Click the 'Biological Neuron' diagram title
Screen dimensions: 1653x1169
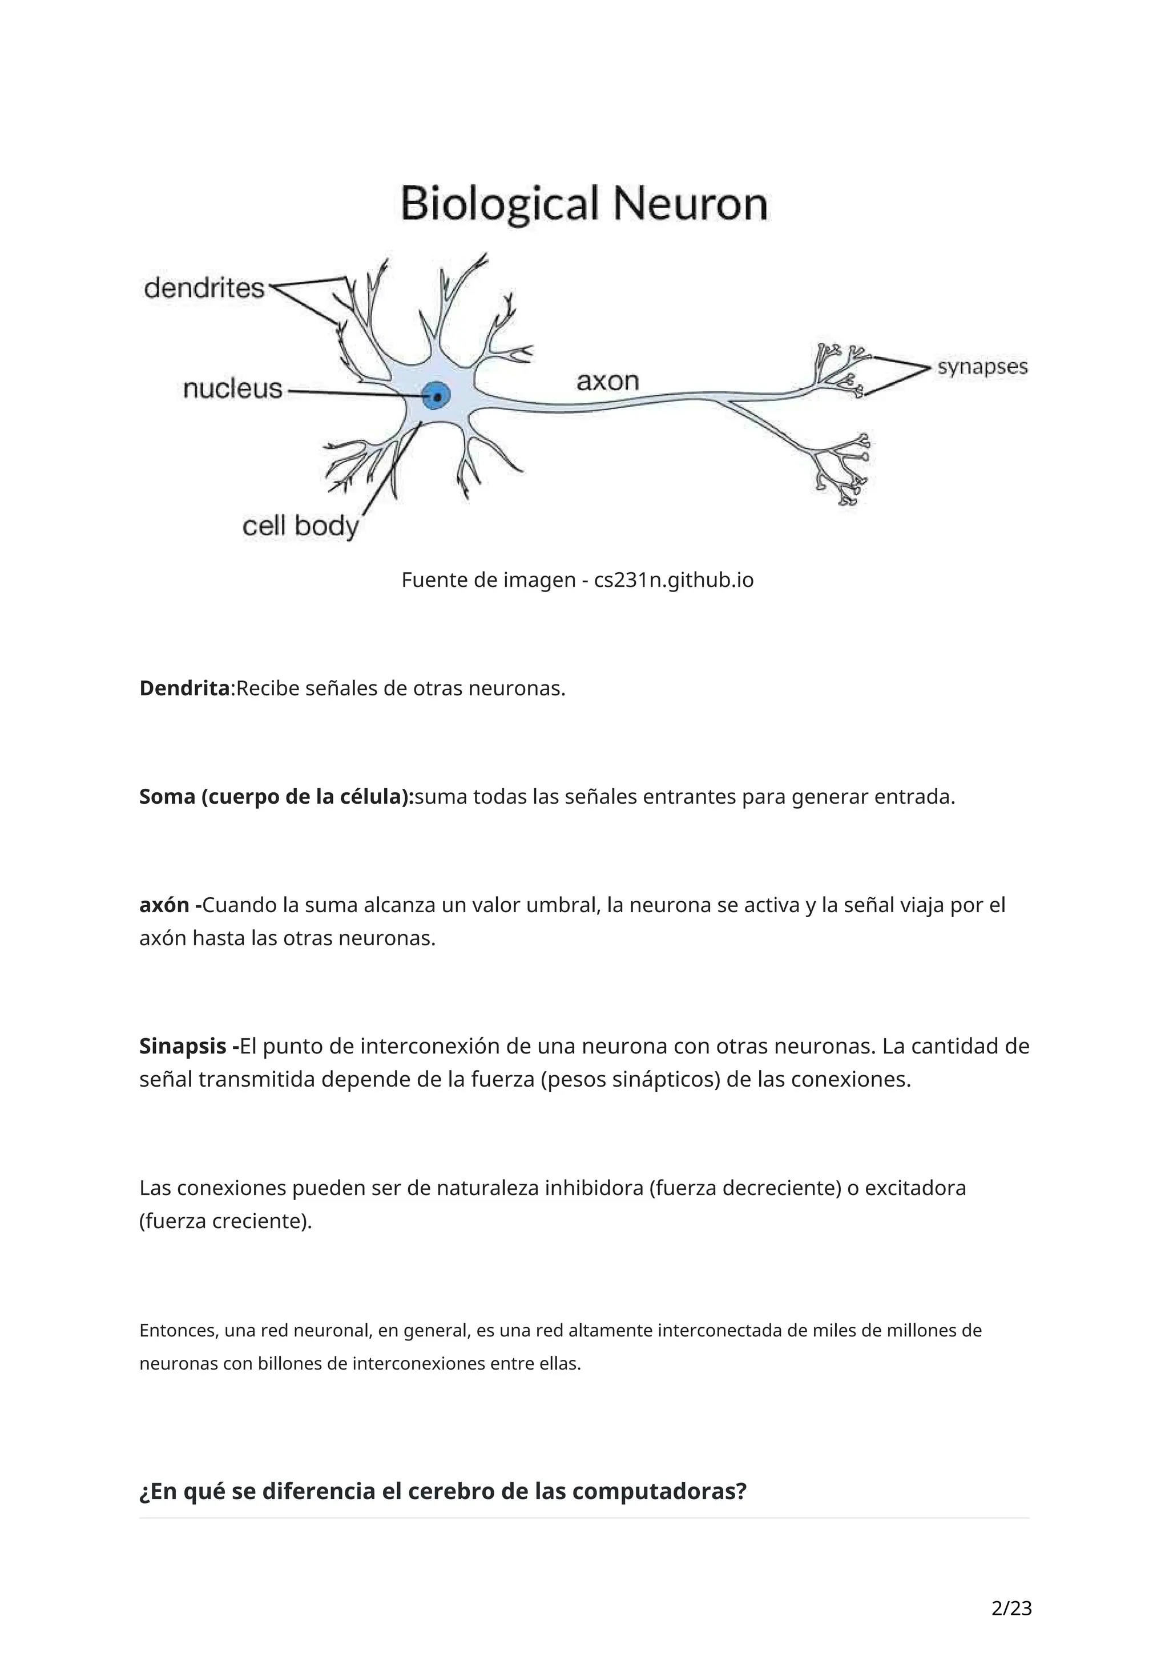point(583,204)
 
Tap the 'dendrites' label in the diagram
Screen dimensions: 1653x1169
point(204,288)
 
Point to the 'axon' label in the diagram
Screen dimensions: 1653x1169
point(607,381)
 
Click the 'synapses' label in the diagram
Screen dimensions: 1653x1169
point(982,367)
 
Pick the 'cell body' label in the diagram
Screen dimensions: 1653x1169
point(300,526)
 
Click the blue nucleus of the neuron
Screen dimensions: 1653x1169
point(437,396)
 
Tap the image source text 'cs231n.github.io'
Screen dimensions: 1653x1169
point(674,580)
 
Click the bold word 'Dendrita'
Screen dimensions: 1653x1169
point(184,688)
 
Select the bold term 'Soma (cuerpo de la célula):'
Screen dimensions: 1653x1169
point(277,797)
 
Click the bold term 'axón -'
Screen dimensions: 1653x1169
point(170,905)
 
